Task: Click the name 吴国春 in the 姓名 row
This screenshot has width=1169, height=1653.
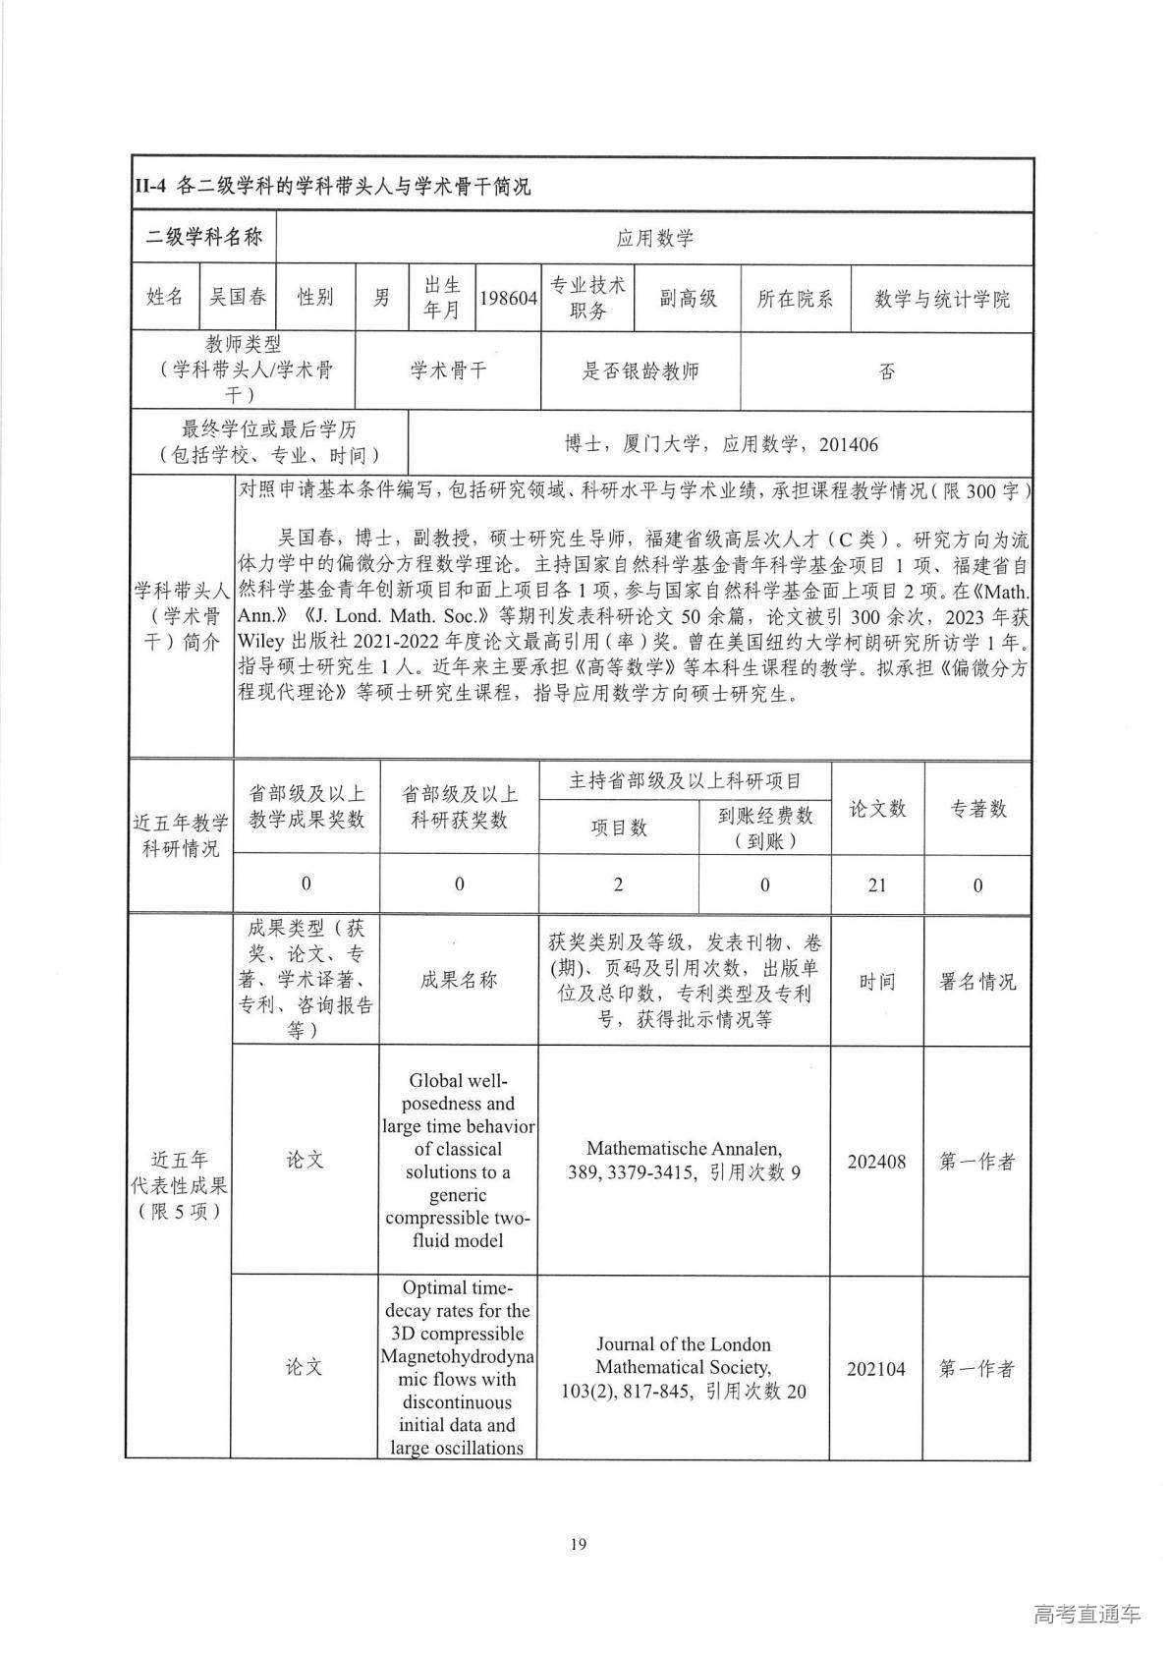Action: [x=236, y=297]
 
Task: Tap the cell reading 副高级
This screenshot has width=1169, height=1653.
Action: [x=688, y=298]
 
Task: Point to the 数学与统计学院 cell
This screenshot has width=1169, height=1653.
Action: [x=941, y=299]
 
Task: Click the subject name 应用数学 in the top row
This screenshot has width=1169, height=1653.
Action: [x=654, y=238]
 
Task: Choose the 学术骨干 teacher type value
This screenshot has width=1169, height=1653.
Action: [x=448, y=370]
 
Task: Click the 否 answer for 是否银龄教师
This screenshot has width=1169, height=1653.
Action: [x=886, y=371]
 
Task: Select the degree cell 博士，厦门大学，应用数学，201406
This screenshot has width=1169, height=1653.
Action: [x=720, y=444]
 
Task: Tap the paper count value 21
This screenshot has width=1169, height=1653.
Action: [x=876, y=884]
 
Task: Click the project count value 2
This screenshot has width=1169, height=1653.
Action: [x=618, y=884]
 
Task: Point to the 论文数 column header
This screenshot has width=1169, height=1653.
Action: [x=876, y=808]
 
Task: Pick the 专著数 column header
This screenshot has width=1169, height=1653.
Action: [x=977, y=808]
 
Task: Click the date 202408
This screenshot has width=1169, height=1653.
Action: [x=876, y=1162]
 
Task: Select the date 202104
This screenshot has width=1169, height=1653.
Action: [x=876, y=1368]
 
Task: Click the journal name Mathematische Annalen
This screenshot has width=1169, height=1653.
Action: [x=684, y=1148]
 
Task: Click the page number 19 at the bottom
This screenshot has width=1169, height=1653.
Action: [x=578, y=1544]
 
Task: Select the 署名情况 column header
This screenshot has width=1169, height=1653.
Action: [x=977, y=981]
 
